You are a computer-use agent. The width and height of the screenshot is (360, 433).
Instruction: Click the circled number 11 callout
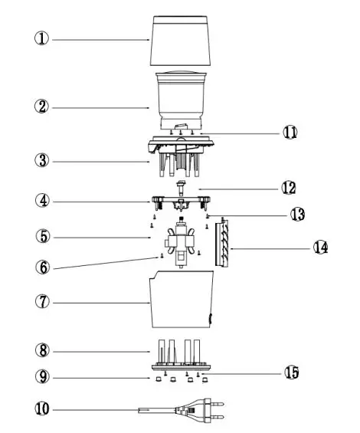click(x=289, y=132)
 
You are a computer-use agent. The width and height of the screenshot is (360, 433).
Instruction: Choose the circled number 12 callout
click(x=289, y=187)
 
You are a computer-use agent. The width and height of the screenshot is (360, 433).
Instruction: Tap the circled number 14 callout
click(x=319, y=248)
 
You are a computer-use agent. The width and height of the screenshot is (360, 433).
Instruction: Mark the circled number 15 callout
click(x=289, y=373)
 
